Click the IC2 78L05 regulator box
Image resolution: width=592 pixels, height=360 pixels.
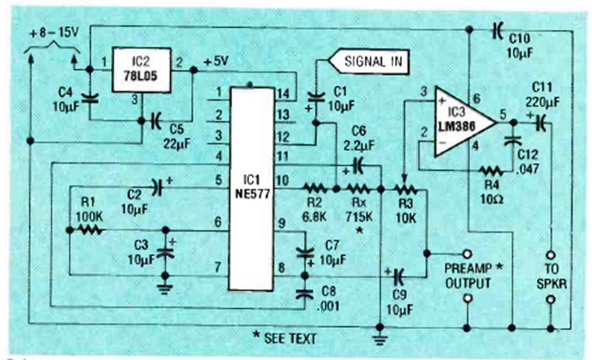pos(141,71)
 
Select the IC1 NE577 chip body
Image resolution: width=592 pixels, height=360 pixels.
pos(252,189)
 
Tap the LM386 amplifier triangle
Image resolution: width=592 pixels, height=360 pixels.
pos(465,122)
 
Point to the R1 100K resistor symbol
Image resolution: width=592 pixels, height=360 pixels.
pos(89,230)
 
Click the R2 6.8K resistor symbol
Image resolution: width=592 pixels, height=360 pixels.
pos(315,188)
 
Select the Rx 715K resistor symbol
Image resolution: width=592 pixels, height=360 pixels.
pos(358,188)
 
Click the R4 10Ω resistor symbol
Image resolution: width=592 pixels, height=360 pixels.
pos(492,171)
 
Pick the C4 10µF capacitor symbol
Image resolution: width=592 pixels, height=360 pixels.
pos(90,98)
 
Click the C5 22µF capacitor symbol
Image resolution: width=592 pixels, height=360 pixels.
pos(156,121)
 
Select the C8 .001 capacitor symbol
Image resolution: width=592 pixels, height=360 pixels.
pos(305,294)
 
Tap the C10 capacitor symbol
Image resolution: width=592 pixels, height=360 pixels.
pos(497,29)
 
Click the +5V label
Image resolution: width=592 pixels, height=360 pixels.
pos(216,61)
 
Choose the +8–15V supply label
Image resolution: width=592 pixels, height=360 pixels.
pos(54,33)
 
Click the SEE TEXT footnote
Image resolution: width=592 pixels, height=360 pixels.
pos(285,337)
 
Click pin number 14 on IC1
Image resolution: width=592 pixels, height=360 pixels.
pos(284,93)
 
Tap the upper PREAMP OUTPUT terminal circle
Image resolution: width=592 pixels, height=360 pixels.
pos(467,254)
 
